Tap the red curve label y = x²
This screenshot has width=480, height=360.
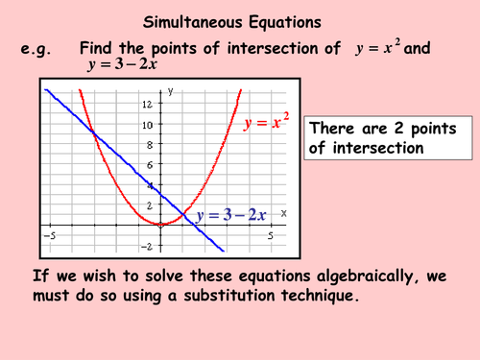[x=267, y=124]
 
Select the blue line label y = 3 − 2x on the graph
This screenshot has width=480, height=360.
[x=230, y=215]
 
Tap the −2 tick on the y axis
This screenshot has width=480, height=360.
[x=148, y=247]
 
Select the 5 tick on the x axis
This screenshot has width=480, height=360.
[x=272, y=234]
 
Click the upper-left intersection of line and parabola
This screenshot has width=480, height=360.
[x=94, y=133]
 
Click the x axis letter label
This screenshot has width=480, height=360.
[x=284, y=212]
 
